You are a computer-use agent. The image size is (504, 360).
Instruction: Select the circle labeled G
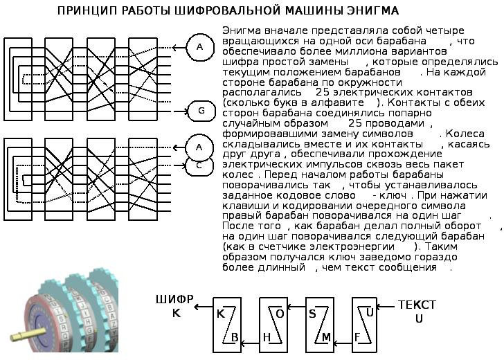[201, 110]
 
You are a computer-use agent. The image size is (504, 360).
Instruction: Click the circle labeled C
[199, 165]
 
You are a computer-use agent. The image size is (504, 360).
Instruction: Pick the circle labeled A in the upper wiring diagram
[200, 47]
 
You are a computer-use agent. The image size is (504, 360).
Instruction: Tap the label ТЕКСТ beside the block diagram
[417, 305]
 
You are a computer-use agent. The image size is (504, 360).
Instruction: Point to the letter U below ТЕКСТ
[418, 319]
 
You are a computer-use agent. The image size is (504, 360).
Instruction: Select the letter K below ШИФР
[175, 314]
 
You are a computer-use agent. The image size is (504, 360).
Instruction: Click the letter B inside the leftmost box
[235, 337]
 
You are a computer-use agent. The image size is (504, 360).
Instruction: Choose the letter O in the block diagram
[280, 313]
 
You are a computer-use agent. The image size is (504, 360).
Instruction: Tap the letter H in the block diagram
[266, 337]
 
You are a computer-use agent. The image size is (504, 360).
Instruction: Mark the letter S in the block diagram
[312, 313]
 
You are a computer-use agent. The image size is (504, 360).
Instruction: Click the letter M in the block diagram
[326, 337]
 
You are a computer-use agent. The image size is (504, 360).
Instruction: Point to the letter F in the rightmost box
[357, 337]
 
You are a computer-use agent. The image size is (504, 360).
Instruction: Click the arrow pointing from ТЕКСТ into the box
[386, 305]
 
